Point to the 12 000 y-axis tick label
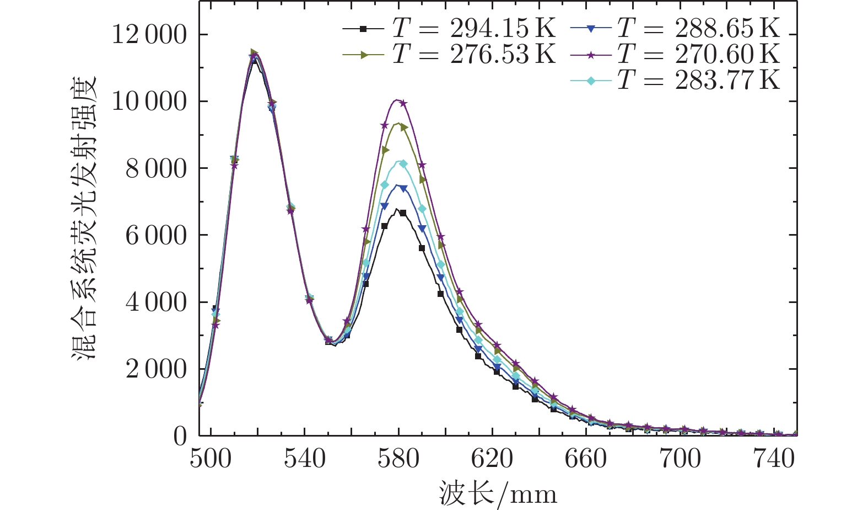pyautogui.click(x=149, y=35)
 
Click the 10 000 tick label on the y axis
pyautogui.click(x=149, y=102)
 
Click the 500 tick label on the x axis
pyautogui.click(x=211, y=459)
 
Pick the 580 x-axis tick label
pyautogui.click(x=398, y=459)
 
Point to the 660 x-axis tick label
pyautogui.click(x=586, y=459)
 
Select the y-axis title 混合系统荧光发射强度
pyautogui.click(x=84, y=218)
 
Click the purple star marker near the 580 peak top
pyautogui.click(x=403, y=103)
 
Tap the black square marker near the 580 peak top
pyautogui.click(x=403, y=213)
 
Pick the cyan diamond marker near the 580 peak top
pyautogui.click(x=403, y=163)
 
